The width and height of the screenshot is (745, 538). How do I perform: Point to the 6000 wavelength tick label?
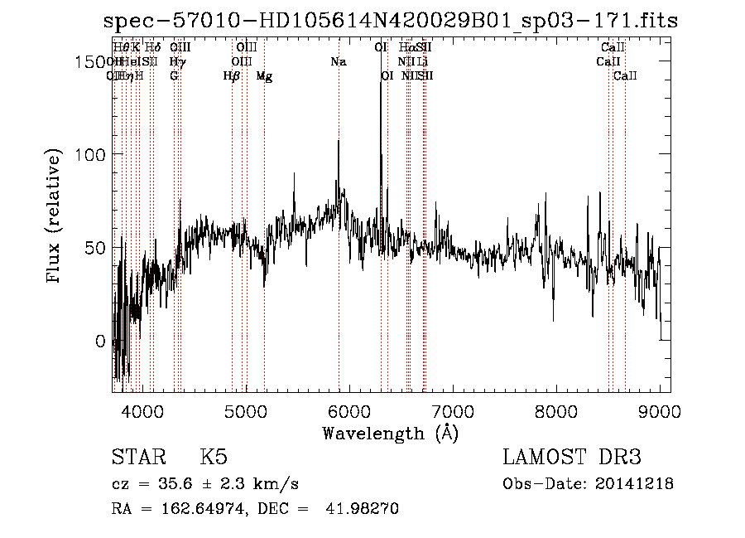[x=349, y=410]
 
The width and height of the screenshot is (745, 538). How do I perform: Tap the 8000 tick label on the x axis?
[x=556, y=410]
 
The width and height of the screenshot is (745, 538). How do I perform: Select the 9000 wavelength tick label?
[x=660, y=410]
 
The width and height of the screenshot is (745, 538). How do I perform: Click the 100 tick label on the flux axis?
[x=92, y=155]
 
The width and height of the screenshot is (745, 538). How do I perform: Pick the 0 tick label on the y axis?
[x=99, y=342]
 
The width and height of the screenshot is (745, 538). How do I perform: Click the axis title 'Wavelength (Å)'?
[x=390, y=433]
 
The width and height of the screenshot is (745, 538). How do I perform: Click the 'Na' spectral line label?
[x=338, y=62]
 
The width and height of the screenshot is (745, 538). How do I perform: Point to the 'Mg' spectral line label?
[x=264, y=76]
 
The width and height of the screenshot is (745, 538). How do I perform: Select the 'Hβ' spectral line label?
[x=232, y=76]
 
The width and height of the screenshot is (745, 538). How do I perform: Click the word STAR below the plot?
[x=137, y=458]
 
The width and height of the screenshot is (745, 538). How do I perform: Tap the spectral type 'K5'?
[x=214, y=458]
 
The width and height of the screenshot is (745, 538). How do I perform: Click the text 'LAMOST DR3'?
[x=571, y=458]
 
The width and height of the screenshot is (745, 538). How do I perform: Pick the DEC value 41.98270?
[x=364, y=509]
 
